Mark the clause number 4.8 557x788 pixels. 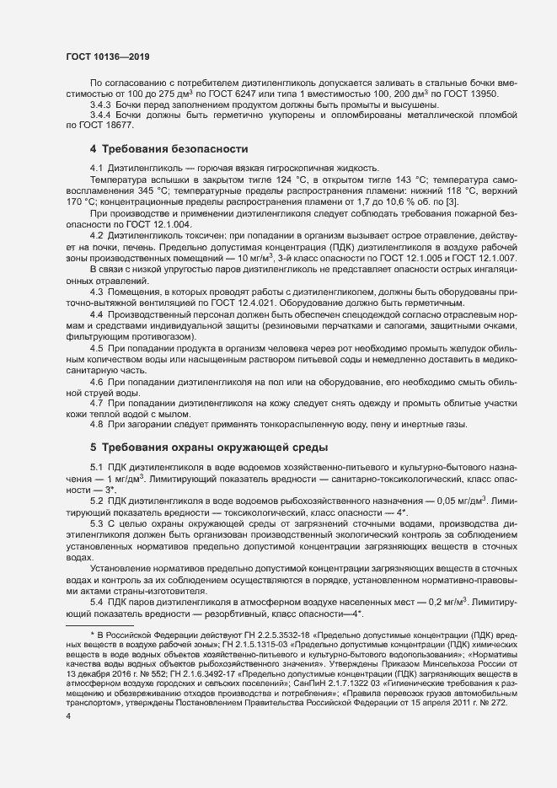pyautogui.click(x=96, y=425)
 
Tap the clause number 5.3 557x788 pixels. pyautogui.click(x=96, y=524)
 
